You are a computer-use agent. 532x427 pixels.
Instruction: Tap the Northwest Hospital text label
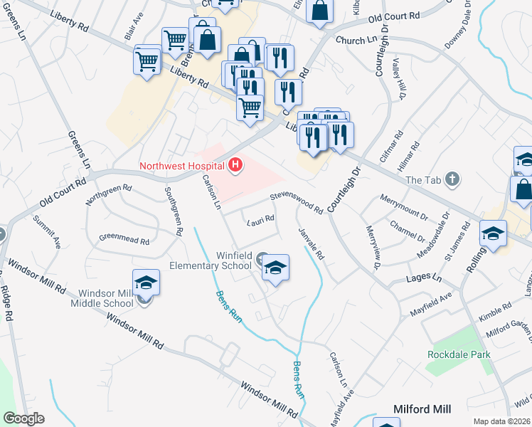click(181, 167)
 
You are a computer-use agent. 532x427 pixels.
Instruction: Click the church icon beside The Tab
click(452, 179)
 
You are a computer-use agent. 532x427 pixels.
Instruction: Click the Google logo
click(23, 418)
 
